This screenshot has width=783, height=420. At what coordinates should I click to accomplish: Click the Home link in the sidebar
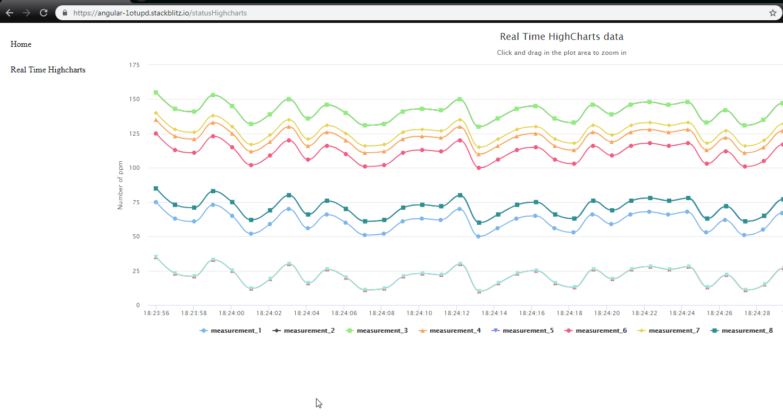point(21,44)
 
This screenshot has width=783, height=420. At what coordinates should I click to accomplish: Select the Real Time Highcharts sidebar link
point(48,70)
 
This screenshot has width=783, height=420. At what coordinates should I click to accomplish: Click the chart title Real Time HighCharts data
point(561,37)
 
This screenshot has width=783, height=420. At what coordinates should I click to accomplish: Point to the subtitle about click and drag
point(561,53)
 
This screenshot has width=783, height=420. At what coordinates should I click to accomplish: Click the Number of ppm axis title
point(120,185)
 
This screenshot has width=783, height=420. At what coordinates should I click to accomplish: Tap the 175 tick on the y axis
point(135,65)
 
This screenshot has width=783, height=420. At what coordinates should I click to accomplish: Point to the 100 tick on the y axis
point(135,168)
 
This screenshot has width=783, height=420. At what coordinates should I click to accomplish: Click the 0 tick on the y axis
point(137,305)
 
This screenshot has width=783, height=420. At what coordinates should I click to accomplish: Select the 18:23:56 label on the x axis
point(156,313)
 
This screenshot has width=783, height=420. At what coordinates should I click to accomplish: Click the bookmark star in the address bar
point(772,13)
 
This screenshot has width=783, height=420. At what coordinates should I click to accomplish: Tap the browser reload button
point(44,13)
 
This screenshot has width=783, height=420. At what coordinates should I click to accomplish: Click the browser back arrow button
point(10,13)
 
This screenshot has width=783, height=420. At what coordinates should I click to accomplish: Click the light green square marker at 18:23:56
point(156,93)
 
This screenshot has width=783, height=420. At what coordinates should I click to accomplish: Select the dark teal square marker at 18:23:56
point(156,188)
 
